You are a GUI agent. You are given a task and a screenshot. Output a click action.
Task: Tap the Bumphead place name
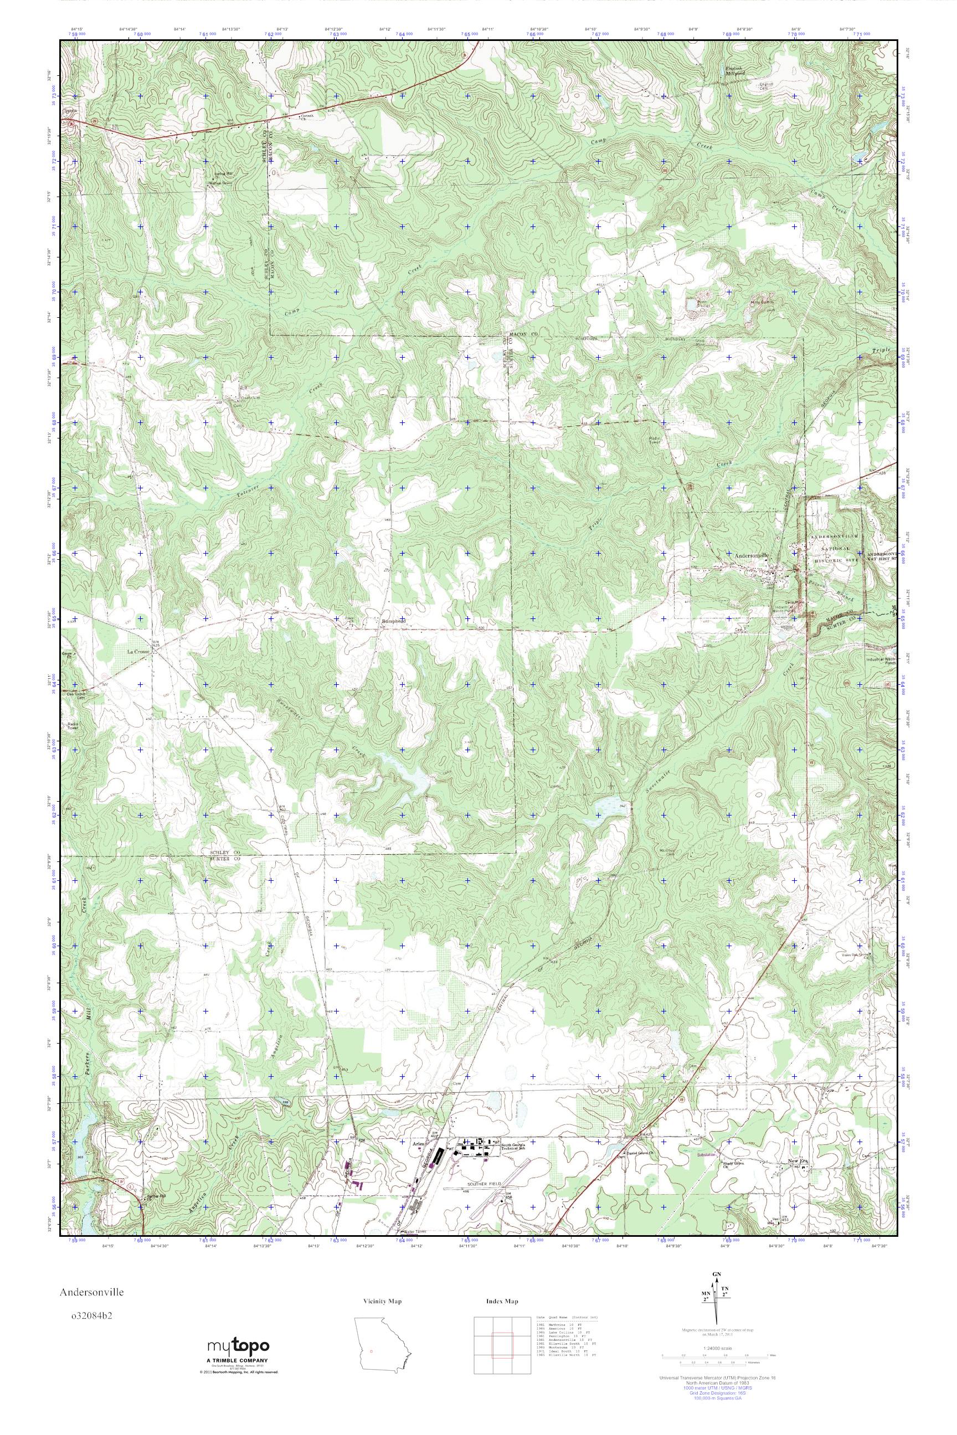[393, 622]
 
